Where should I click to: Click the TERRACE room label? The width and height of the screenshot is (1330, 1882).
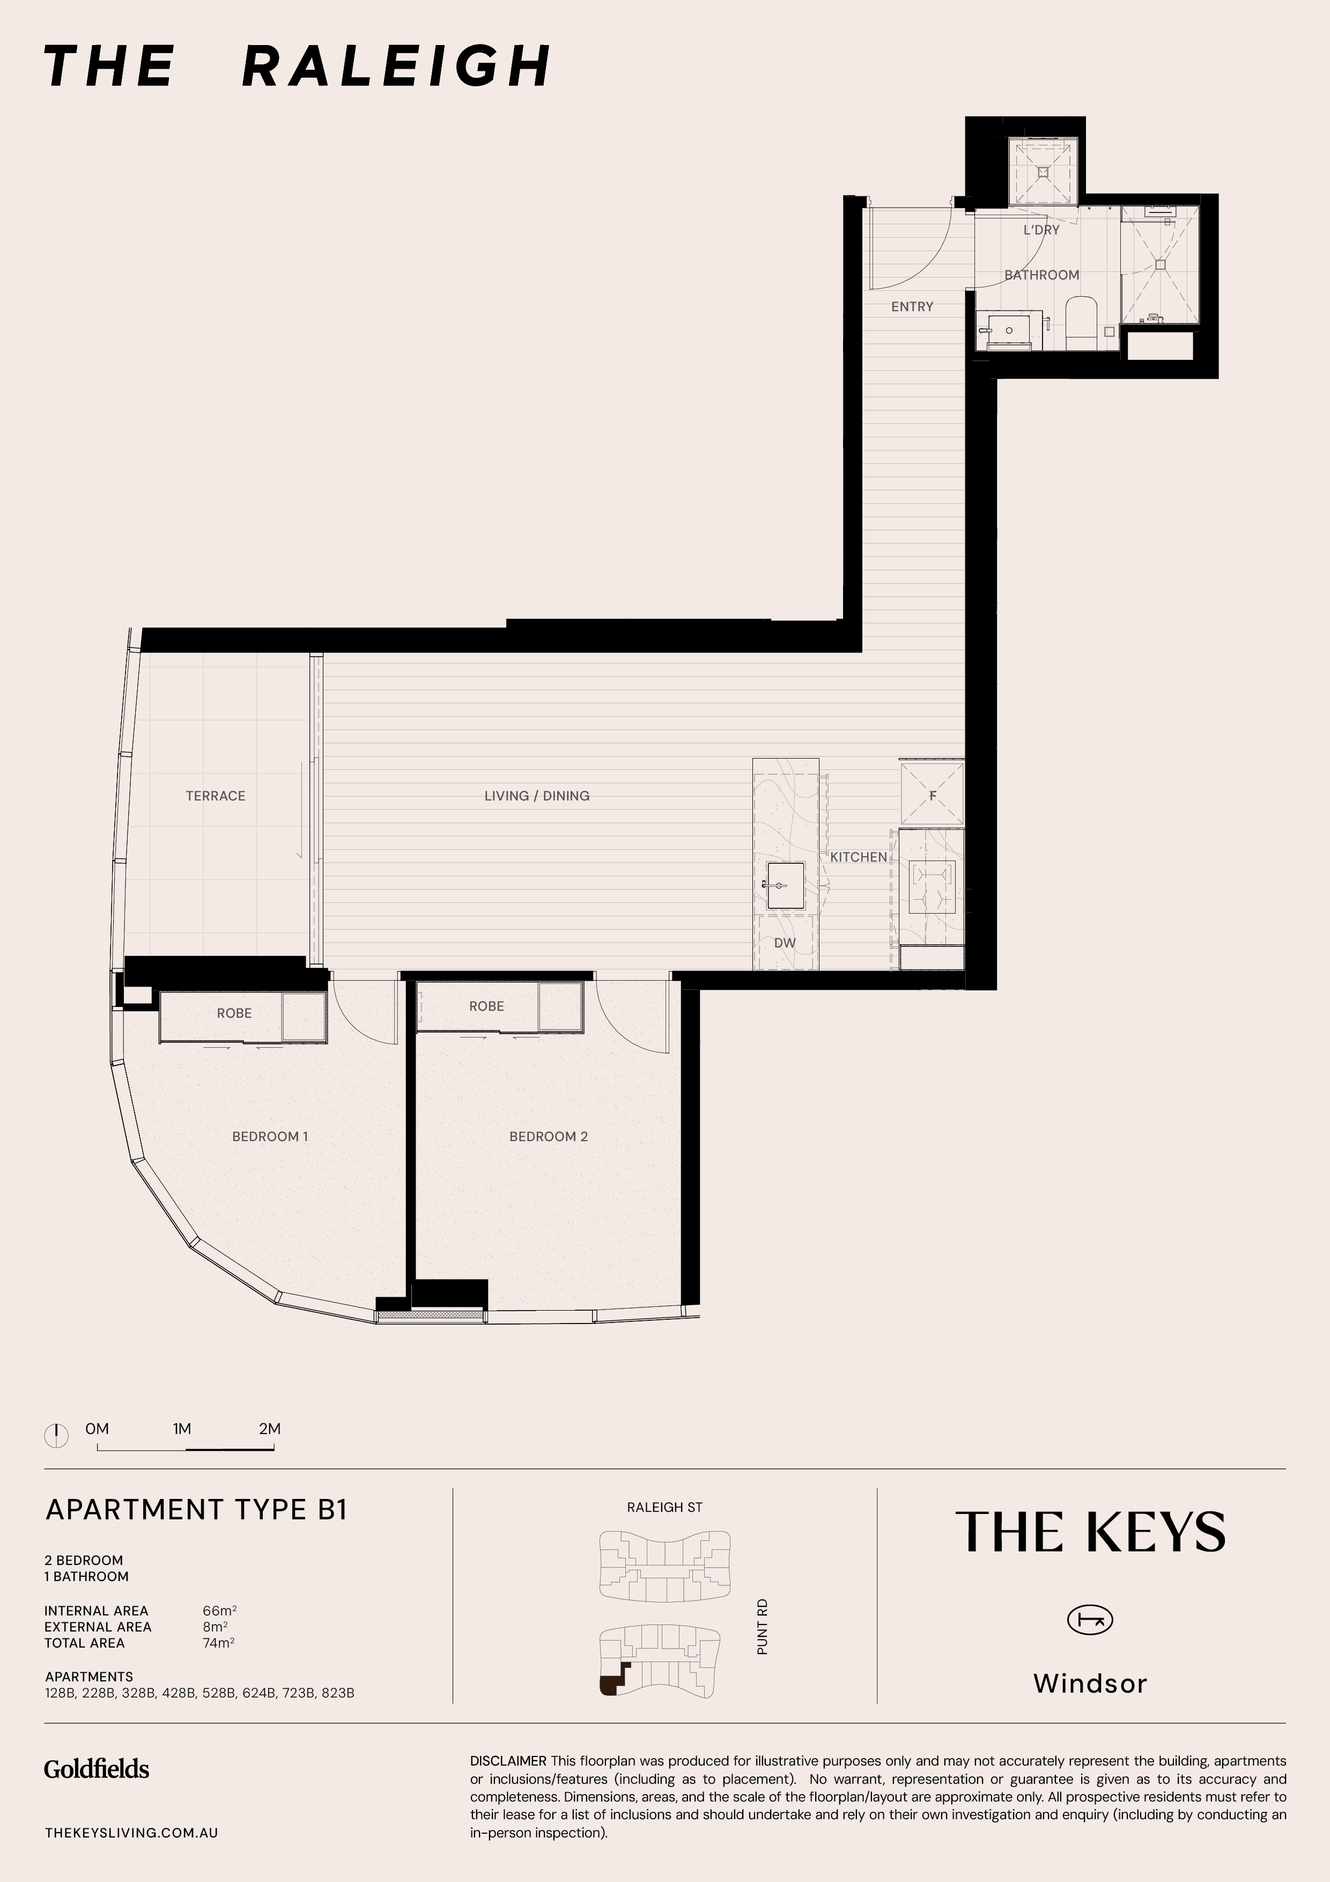click(x=216, y=796)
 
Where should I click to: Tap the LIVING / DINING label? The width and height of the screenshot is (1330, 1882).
click(x=537, y=796)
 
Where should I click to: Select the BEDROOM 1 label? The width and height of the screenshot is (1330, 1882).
click(x=270, y=1136)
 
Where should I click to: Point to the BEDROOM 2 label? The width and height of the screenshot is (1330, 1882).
click(x=548, y=1136)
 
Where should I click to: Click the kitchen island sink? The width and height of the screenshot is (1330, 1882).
click(x=785, y=885)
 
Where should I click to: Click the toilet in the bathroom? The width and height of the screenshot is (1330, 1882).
click(x=1081, y=322)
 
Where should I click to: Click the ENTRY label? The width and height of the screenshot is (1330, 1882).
click(x=912, y=306)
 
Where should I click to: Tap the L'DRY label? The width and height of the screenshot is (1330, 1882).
click(x=1041, y=230)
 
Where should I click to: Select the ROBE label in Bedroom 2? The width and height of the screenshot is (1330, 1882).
click(x=487, y=1006)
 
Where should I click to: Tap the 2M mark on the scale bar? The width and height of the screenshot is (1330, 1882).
click(x=270, y=1429)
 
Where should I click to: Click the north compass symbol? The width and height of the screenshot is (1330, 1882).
click(x=56, y=1435)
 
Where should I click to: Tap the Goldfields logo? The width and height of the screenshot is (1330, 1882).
click(x=97, y=1769)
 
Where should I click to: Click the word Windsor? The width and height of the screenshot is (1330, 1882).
click(x=1090, y=1683)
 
